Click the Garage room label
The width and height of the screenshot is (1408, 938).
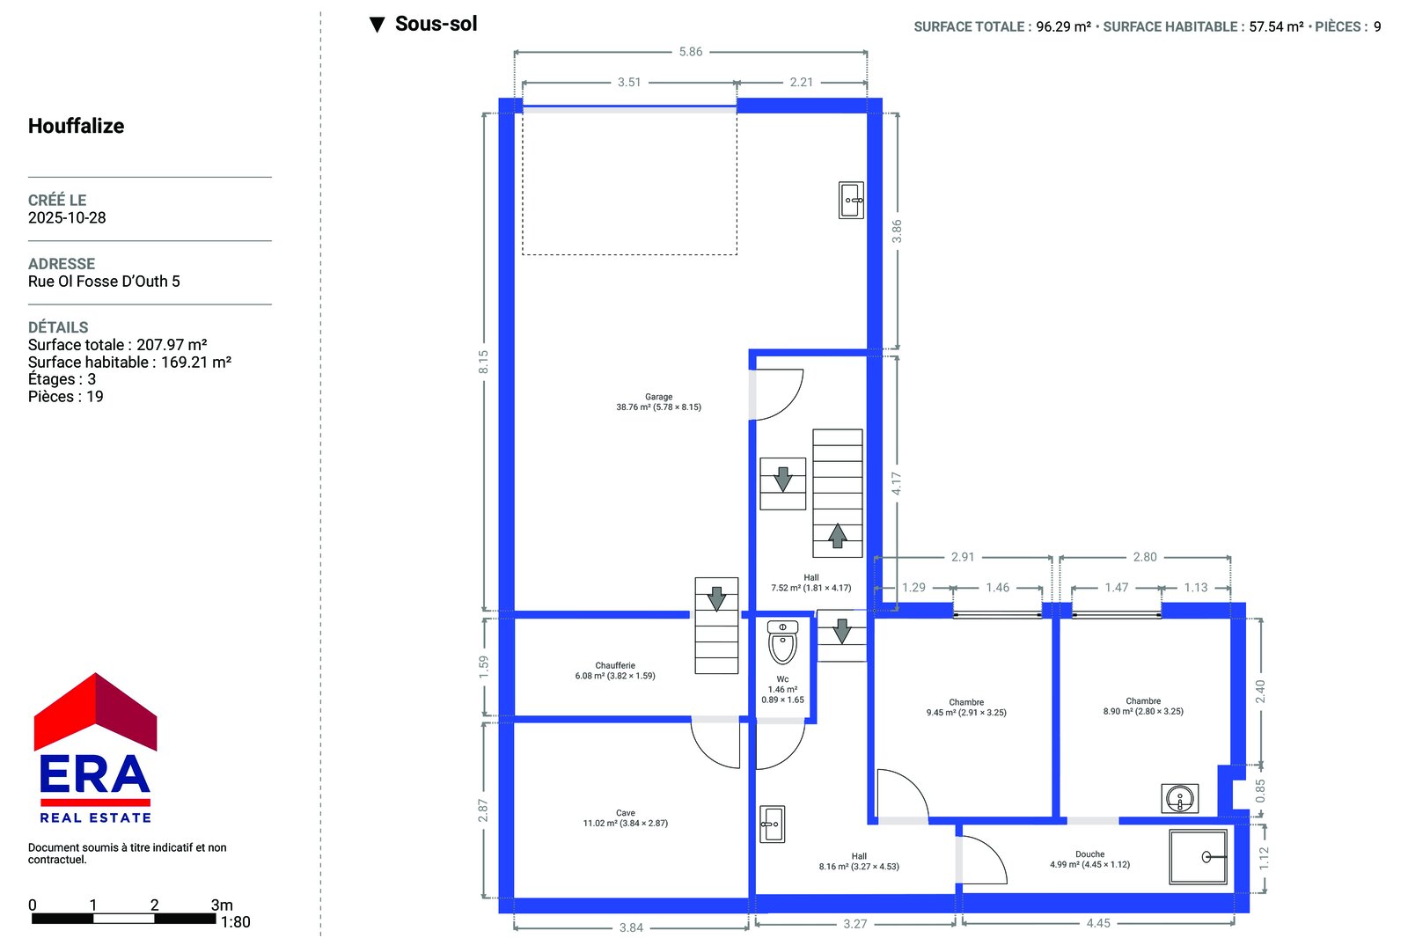[x=658, y=402]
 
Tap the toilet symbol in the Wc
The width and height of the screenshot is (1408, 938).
[x=782, y=642]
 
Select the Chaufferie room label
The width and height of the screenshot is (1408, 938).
[x=615, y=671]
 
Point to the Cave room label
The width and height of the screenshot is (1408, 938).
[x=626, y=818]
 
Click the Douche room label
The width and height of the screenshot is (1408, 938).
[x=1090, y=860]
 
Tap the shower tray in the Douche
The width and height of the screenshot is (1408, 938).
[x=1198, y=857]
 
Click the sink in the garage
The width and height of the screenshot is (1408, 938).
[x=851, y=201]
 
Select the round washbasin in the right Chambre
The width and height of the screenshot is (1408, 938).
[x=1180, y=798]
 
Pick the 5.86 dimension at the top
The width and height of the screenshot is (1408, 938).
[x=690, y=52]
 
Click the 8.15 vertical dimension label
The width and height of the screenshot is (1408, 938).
[x=483, y=363]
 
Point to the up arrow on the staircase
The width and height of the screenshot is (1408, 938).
[x=837, y=536]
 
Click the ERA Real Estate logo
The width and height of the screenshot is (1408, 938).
[x=96, y=748]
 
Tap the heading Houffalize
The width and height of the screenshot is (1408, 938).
[x=76, y=126]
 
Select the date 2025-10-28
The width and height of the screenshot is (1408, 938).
[x=67, y=217]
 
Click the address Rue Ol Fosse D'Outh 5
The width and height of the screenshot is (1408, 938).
[x=104, y=281]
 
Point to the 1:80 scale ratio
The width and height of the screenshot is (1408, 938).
[x=235, y=922]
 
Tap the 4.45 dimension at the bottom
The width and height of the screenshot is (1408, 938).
[x=1098, y=923]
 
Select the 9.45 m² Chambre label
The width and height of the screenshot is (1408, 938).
[x=966, y=707]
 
